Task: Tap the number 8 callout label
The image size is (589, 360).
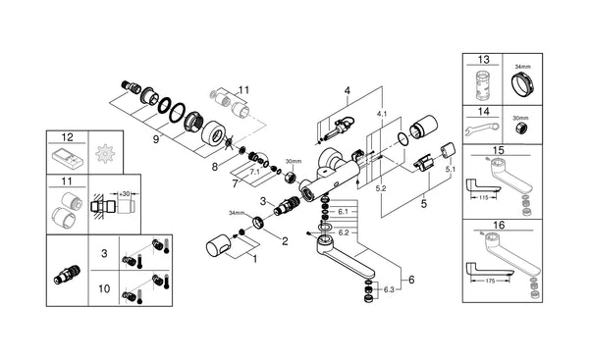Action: [215, 168]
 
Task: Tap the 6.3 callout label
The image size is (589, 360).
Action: [391, 291]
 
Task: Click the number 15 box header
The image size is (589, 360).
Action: [501, 149]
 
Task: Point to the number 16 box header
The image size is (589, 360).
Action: [501, 225]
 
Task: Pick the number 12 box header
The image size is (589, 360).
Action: [67, 139]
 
